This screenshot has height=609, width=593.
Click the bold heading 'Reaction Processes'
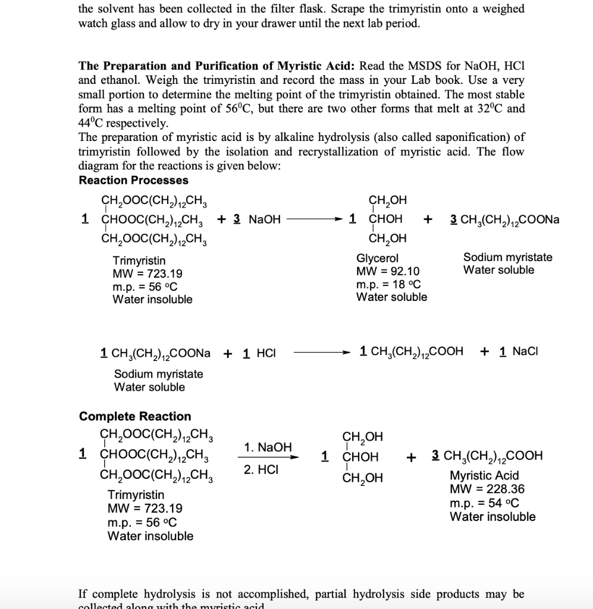coord(133,180)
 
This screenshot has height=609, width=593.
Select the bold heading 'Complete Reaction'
coord(135,416)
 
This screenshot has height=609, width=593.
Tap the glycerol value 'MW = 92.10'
coord(388,271)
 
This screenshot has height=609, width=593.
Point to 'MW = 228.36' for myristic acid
coord(487,489)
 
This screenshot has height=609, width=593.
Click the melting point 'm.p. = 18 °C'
coord(388,284)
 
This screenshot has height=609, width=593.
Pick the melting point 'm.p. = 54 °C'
coord(484,503)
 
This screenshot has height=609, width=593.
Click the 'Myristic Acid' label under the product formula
coord(484,476)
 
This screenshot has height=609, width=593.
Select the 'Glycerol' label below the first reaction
coord(377,258)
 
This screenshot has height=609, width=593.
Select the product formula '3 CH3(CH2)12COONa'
coord(505,219)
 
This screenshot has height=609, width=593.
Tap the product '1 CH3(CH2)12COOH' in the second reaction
coord(412,351)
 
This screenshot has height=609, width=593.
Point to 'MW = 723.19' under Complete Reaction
coord(145,508)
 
